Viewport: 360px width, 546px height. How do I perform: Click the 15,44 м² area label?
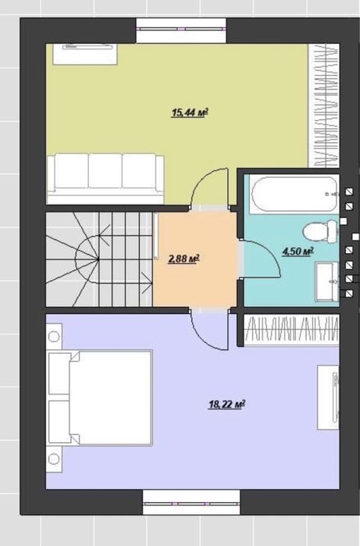[190, 112]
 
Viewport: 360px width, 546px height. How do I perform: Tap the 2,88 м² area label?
[184, 259]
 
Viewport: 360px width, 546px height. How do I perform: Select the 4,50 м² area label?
[298, 251]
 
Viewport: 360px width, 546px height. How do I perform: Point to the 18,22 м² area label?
[226, 405]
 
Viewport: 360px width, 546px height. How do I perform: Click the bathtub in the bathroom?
[294, 194]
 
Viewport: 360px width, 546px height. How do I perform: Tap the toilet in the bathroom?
[320, 231]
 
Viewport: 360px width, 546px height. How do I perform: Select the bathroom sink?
[327, 281]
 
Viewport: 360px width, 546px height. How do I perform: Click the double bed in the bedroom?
[100, 398]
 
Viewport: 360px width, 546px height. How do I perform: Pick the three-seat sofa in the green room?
[105, 178]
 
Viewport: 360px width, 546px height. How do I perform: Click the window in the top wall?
[181, 30]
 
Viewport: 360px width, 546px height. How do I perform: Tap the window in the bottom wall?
[191, 502]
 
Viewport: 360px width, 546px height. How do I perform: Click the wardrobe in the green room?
[324, 105]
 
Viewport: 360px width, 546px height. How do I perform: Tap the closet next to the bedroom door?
[291, 330]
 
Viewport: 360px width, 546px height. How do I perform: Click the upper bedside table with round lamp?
[54, 337]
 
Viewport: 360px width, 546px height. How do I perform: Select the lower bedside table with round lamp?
[54, 459]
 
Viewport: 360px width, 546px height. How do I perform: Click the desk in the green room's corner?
[85, 54]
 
